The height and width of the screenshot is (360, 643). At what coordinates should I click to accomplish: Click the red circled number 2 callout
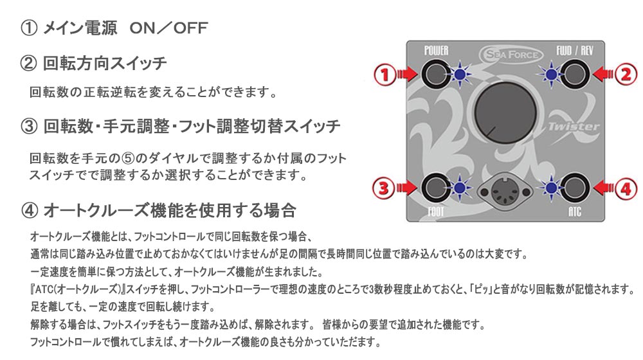point(624,75)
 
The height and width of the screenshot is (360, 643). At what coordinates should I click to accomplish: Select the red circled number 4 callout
point(624,188)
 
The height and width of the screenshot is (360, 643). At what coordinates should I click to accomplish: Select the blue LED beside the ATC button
point(551,188)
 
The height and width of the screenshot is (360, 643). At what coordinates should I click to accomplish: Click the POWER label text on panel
point(436,50)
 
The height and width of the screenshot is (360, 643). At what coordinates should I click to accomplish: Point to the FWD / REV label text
point(574,50)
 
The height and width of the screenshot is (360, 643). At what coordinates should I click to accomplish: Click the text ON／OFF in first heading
point(168,28)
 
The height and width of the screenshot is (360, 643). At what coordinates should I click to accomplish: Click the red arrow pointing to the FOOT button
point(407,188)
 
